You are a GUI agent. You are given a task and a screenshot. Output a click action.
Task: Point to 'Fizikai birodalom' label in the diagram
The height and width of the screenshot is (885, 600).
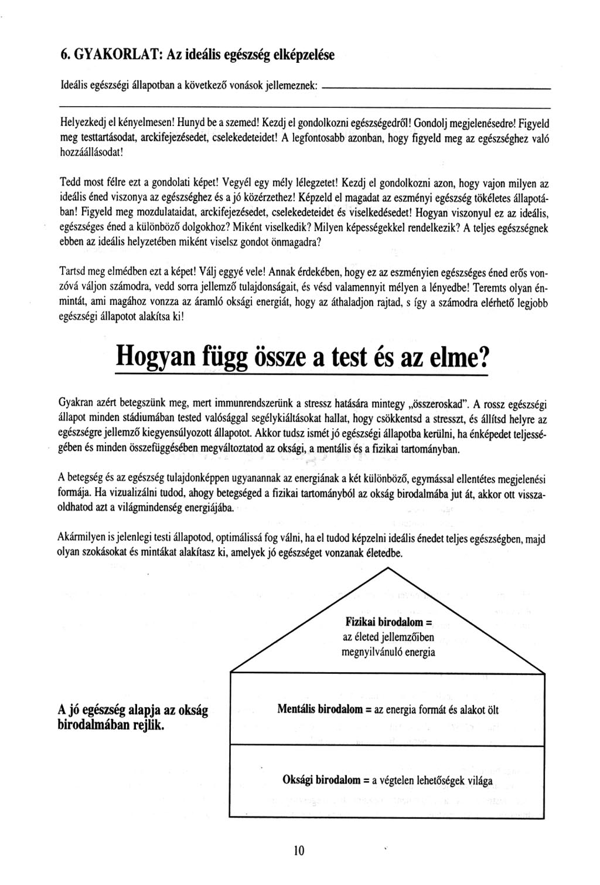click(385, 621)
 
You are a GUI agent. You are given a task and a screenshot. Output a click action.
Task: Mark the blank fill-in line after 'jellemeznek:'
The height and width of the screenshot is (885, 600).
click(437, 89)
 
